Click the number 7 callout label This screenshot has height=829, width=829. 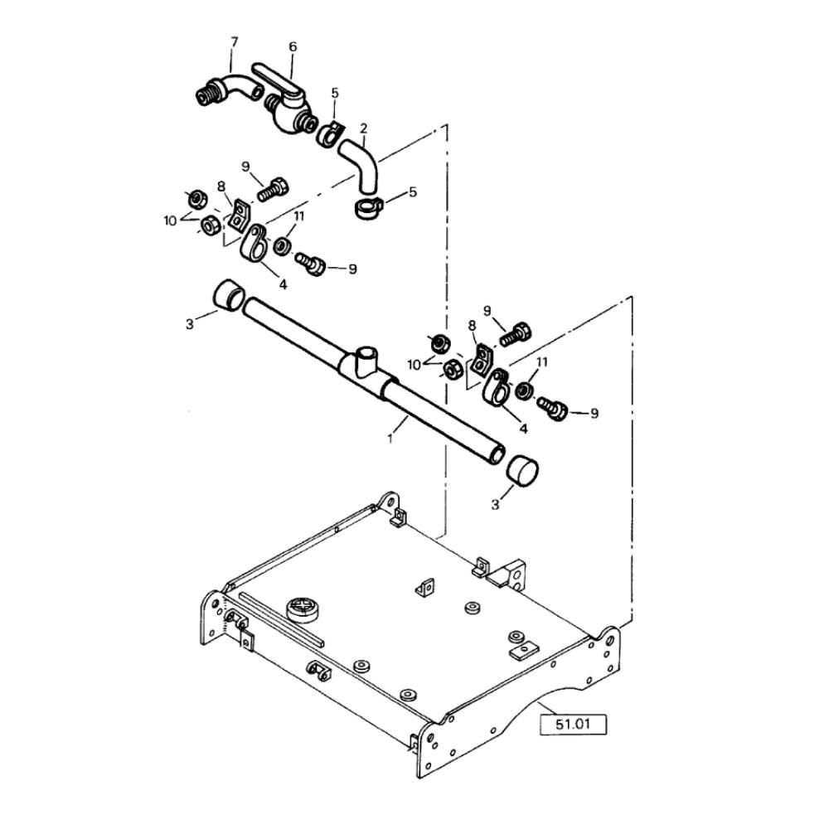pyautogui.click(x=235, y=41)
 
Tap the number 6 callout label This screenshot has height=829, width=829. pyautogui.click(x=293, y=47)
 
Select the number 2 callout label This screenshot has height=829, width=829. pyautogui.click(x=363, y=128)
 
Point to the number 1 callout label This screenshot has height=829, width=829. pyautogui.click(x=390, y=439)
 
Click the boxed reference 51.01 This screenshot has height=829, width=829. pyautogui.click(x=573, y=724)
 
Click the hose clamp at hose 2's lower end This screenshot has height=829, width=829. pyautogui.click(x=367, y=208)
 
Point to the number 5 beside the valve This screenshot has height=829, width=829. pyautogui.click(x=335, y=94)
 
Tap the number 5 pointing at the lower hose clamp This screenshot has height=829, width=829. pyautogui.click(x=413, y=191)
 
